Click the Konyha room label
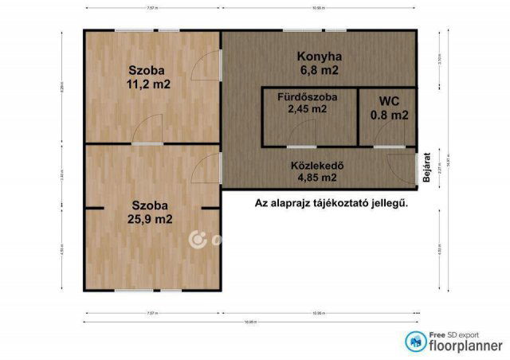[319, 57]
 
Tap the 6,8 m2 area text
[319, 70]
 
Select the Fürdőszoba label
[307, 97]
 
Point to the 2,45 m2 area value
[307, 110]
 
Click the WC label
[389, 101]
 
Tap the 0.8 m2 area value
[389, 115]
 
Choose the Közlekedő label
[316, 166]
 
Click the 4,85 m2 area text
[316, 178]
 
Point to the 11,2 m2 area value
[148, 84]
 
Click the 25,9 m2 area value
[151, 219]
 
